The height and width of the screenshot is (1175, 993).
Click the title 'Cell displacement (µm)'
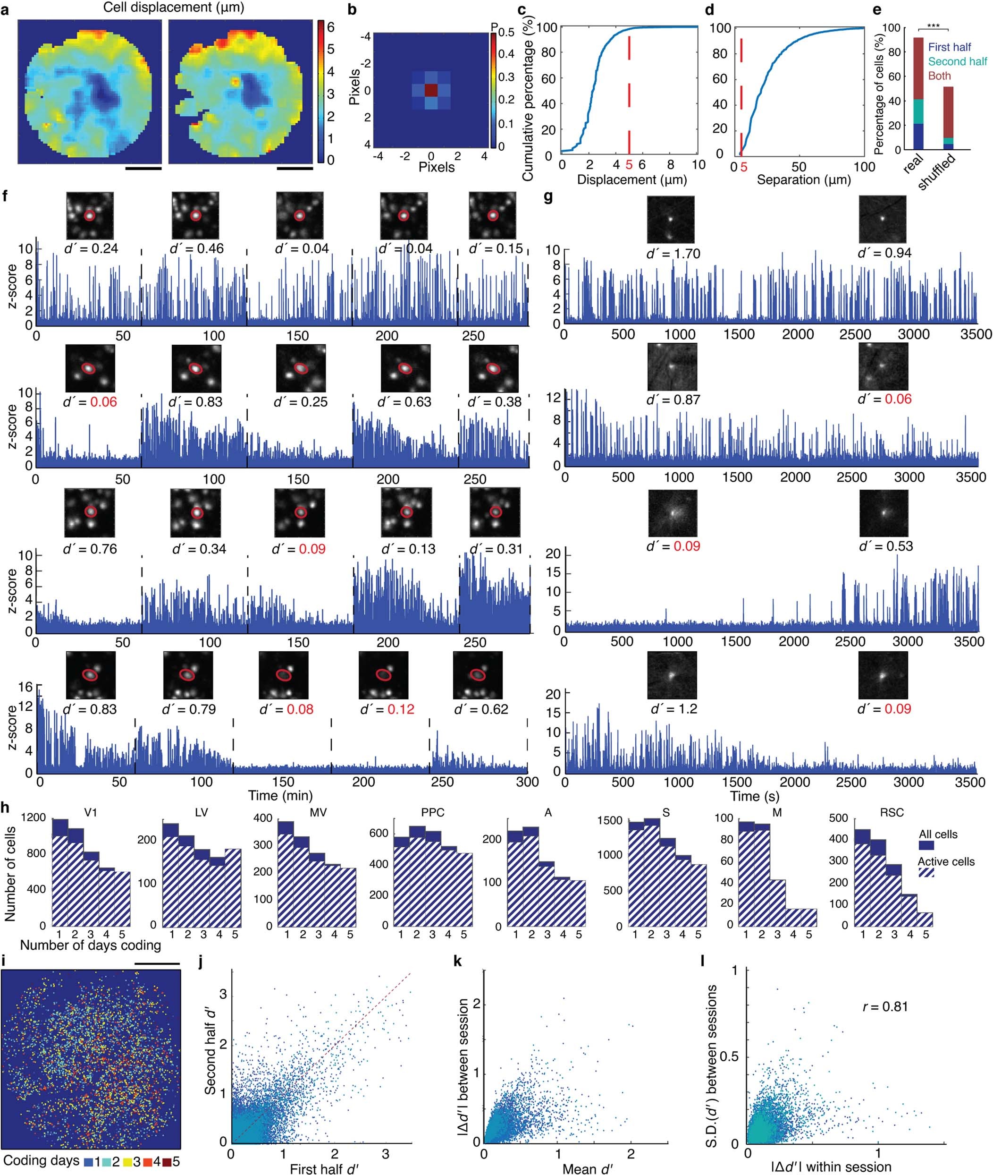(173, 8)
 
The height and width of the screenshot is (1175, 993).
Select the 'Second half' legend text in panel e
(958, 61)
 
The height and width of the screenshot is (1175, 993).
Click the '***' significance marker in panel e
(933, 26)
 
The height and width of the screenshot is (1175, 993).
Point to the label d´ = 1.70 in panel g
(673, 254)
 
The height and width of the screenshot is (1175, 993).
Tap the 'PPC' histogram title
(432, 812)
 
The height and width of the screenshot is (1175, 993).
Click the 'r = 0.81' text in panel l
(885, 1006)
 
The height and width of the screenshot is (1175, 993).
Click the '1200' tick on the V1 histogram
(34, 817)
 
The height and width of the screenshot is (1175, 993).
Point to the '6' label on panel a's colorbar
(331, 26)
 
